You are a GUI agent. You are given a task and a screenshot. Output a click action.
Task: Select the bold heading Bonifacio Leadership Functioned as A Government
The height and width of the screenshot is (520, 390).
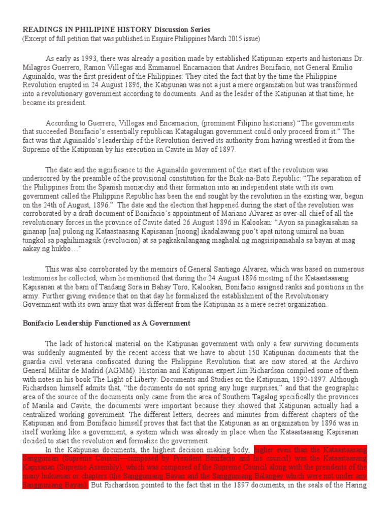106,323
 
